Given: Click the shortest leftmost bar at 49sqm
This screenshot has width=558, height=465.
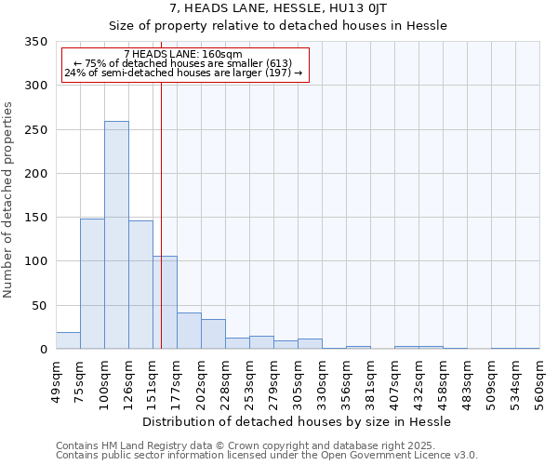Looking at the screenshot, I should tap(68, 340).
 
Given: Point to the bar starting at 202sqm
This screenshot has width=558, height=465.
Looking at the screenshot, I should tap(213, 334).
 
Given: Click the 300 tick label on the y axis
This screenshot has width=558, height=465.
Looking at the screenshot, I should tap(36, 86).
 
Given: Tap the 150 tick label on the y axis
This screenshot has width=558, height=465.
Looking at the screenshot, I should tap(36, 218).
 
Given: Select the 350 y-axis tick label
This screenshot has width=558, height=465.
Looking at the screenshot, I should tap(36, 42).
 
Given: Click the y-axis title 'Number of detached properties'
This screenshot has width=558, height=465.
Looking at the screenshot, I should tap(8, 199).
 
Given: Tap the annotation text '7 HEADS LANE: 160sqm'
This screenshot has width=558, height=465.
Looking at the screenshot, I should tap(182, 55).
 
